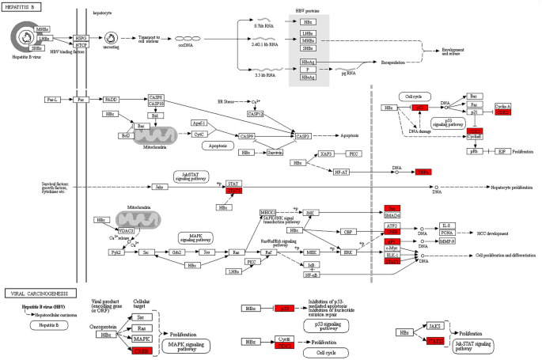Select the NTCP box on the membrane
81,44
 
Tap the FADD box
110,100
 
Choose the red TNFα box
424,171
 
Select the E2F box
502,150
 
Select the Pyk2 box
116,253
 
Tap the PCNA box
448,232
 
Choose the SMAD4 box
391,215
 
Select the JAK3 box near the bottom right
434,325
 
